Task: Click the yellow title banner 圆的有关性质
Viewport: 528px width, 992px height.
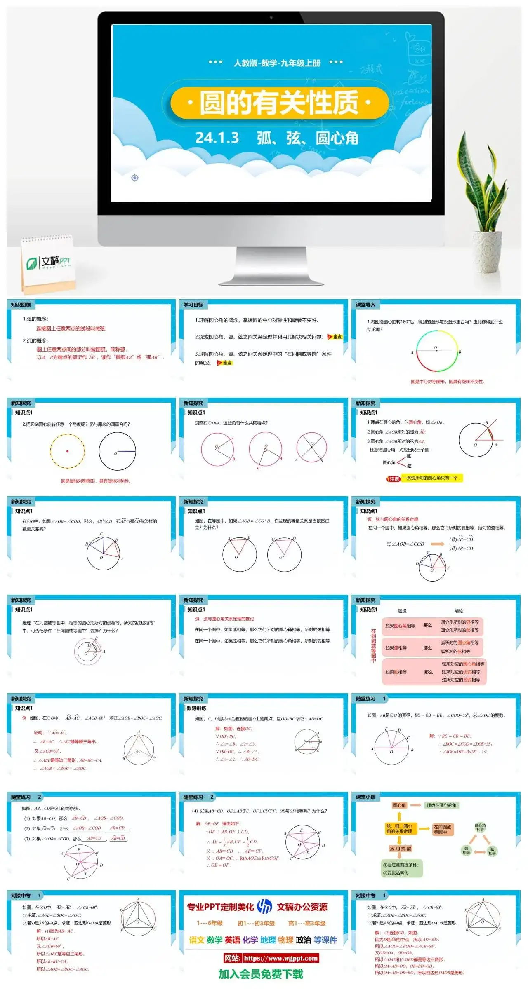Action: coord(279,102)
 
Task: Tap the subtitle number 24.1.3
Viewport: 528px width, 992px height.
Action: coord(217,138)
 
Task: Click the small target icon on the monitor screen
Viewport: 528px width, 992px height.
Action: coord(134,178)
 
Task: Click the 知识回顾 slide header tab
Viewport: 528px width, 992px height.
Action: coord(21,305)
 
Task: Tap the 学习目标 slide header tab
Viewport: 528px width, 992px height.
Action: coord(193,305)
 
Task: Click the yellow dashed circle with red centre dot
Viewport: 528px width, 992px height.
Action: coord(67,451)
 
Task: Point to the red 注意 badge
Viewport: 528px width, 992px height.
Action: coord(394,479)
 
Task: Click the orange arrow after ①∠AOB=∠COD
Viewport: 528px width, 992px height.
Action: coord(438,544)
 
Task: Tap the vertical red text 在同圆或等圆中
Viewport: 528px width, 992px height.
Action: coord(373,646)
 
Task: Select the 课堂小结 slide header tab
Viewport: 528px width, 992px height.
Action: coord(366,797)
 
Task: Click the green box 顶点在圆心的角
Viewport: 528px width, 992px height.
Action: coord(441,805)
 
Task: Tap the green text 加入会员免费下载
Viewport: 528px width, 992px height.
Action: coord(261,974)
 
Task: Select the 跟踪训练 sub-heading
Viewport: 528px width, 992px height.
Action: coord(196,708)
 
